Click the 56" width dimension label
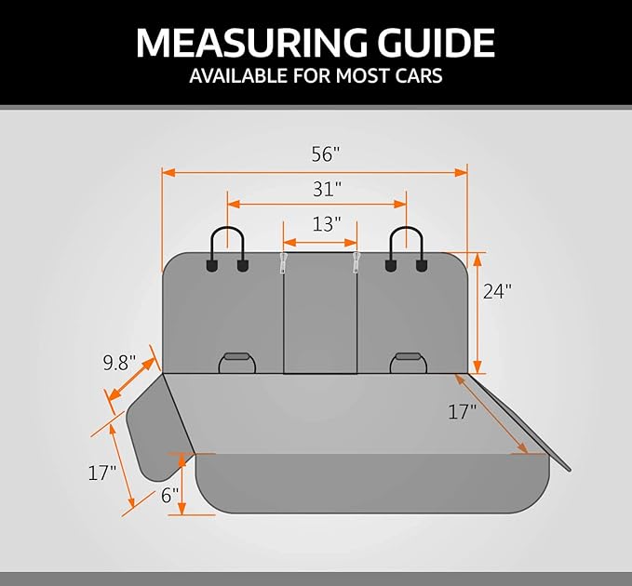(x=326, y=153)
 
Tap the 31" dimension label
(x=327, y=190)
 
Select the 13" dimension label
(x=327, y=224)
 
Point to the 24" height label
(x=497, y=291)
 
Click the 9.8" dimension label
(x=119, y=363)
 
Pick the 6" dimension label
(x=169, y=496)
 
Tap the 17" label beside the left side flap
(x=102, y=473)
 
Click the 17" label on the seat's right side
(x=462, y=412)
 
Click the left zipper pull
(x=283, y=262)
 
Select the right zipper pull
(x=356, y=262)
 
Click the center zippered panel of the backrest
(x=320, y=313)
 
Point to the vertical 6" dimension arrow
(x=182, y=484)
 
